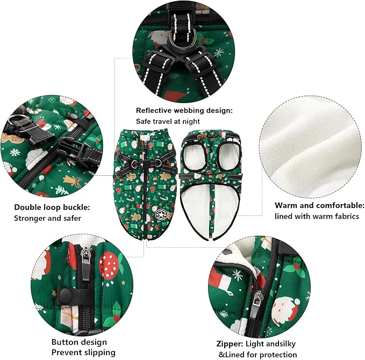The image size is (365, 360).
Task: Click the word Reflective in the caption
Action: [x=154, y=110]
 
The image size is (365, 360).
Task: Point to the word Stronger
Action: [x=30, y=219]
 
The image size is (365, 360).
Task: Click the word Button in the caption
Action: [x=65, y=342]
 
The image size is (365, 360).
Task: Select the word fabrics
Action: [x=347, y=217]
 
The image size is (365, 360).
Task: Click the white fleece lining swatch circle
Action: [x=311, y=147]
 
